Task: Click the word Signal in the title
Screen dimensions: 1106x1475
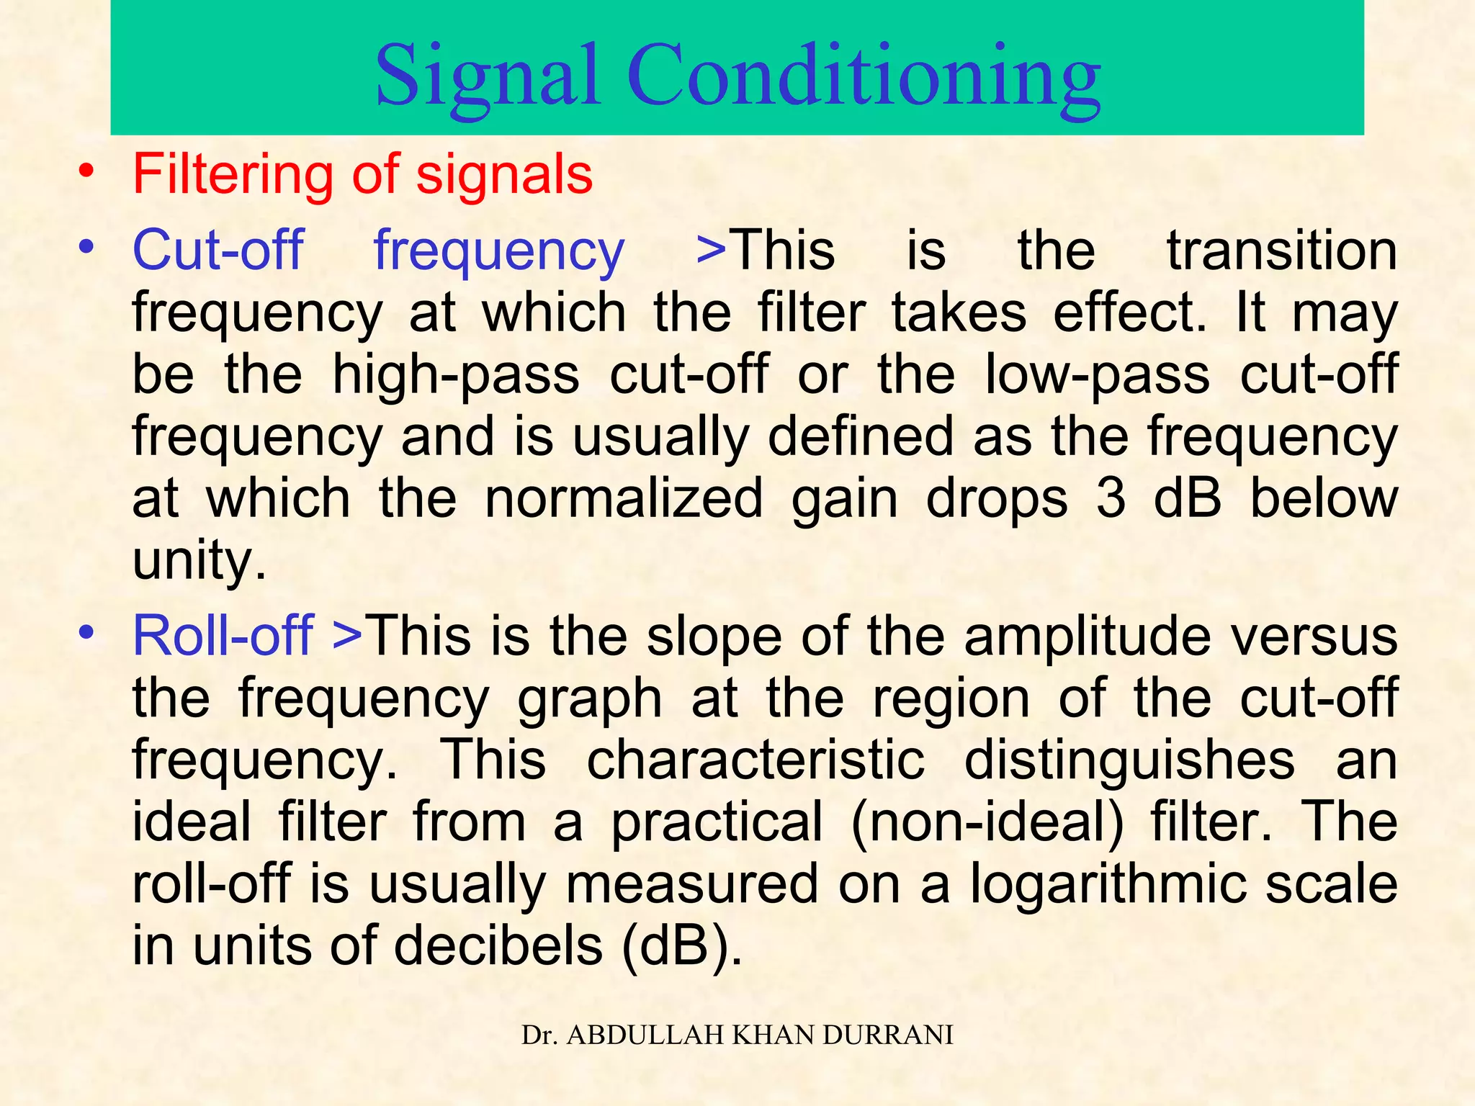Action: click(x=488, y=76)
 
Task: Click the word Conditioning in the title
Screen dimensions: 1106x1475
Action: click(x=864, y=76)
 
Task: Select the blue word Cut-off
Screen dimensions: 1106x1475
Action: click(x=218, y=250)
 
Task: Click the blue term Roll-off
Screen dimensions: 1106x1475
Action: click(x=223, y=636)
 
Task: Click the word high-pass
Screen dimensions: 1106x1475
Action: click(x=456, y=374)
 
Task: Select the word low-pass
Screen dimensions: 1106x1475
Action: click(x=1097, y=374)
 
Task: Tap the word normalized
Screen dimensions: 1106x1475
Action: click(x=624, y=498)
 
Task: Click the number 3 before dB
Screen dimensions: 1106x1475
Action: click(x=1111, y=498)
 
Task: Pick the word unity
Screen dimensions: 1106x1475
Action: click(x=199, y=560)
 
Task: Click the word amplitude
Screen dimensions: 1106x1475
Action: click(x=1088, y=636)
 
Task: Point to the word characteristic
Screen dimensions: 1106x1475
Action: click(x=756, y=760)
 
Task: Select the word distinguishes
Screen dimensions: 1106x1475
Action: click(x=1129, y=760)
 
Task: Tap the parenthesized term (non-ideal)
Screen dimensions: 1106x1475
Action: click(x=987, y=822)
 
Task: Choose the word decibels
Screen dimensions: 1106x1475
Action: click(x=498, y=946)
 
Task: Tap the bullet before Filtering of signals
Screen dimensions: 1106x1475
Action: click(x=87, y=173)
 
